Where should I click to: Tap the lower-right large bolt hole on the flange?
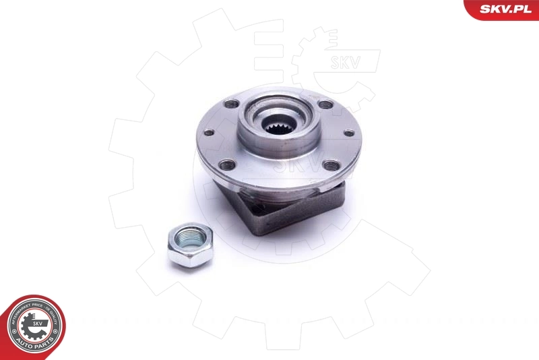point(329,164)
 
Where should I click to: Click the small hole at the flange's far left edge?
point(209,132)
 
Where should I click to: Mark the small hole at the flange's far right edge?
point(348,133)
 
